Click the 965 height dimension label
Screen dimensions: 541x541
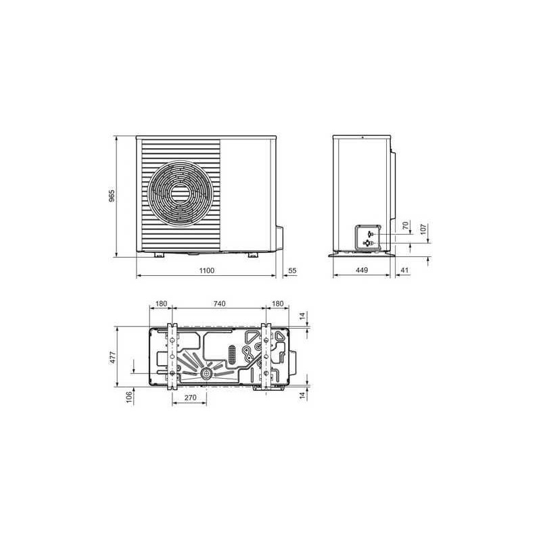(112, 195)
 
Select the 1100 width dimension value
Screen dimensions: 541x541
(207, 270)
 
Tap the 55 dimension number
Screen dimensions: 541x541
(293, 270)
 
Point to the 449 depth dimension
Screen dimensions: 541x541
(362, 270)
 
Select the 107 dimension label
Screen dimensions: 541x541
(423, 229)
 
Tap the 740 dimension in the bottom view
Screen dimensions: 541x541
(219, 304)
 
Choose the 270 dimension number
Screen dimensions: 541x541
(190, 399)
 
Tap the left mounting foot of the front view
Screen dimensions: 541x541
(159, 255)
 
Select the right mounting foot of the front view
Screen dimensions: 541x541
(252, 255)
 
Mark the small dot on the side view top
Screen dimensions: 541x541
(362, 138)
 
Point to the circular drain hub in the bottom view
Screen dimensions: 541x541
(204, 374)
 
